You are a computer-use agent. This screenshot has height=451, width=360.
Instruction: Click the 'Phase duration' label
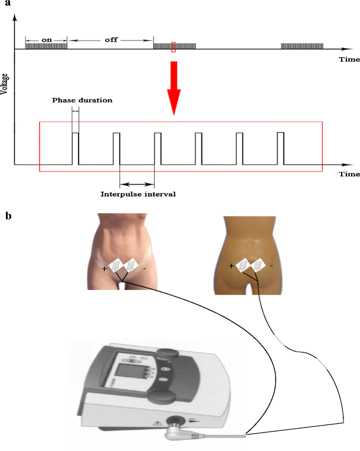click(81, 100)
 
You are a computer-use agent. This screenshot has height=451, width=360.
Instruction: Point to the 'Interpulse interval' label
click(138, 193)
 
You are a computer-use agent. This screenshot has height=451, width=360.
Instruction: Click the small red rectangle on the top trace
click(174, 47)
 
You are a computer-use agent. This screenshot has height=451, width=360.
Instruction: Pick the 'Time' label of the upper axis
click(349, 60)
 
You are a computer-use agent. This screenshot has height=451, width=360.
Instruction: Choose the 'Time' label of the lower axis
click(349, 175)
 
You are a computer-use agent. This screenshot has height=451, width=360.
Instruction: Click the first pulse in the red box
click(75, 148)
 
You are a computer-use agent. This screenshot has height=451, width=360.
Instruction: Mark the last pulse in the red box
click(281, 148)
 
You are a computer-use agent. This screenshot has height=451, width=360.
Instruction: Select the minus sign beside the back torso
click(271, 266)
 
